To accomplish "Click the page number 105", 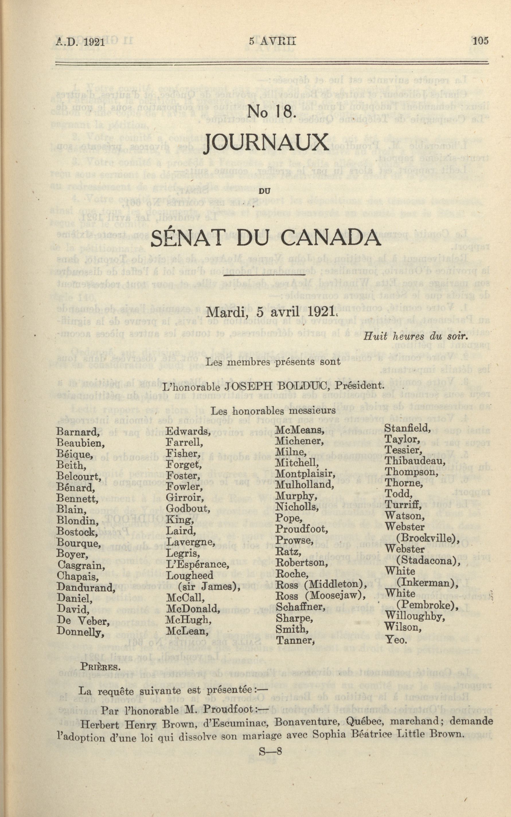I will [480, 41].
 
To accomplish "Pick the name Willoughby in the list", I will [415, 617].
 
